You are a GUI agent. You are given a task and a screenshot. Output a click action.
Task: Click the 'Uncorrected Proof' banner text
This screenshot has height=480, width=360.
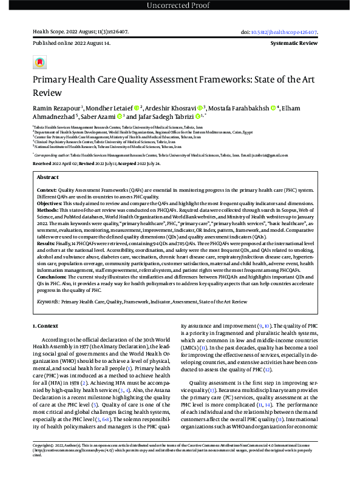coord(180,6)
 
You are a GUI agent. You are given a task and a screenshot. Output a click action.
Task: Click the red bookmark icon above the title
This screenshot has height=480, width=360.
coord(39,63)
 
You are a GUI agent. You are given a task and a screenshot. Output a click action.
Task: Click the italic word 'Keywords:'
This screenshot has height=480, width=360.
coord(49,300)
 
